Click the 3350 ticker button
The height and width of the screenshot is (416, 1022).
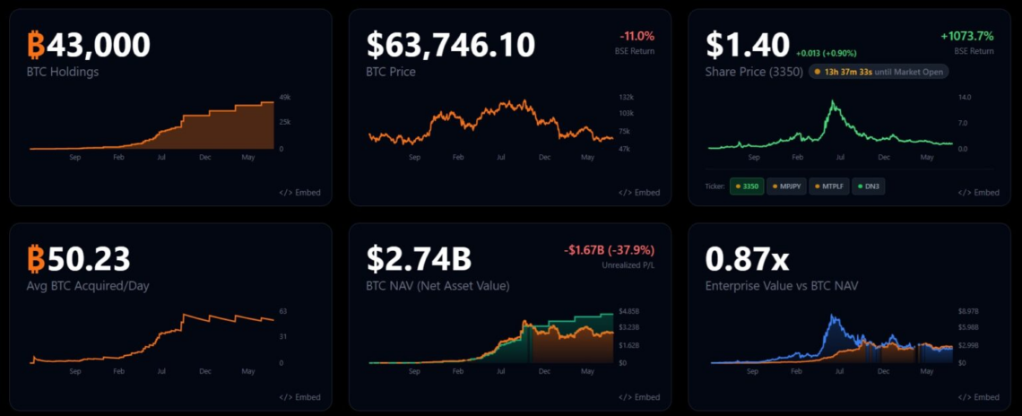click(x=746, y=186)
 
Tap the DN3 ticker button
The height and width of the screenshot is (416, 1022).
click(x=867, y=186)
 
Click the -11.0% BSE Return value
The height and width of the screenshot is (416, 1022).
click(x=636, y=36)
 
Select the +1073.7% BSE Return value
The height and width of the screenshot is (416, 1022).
click(x=967, y=36)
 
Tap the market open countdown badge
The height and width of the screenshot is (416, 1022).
click(x=879, y=72)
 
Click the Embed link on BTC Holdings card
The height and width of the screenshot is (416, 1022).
click(x=299, y=193)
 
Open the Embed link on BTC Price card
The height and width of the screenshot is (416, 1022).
click(x=639, y=193)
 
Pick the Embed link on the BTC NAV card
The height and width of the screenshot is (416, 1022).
click(x=639, y=397)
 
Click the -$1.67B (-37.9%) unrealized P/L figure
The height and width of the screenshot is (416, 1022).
click(x=610, y=250)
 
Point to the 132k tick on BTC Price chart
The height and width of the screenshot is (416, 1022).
click(x=627, y=97)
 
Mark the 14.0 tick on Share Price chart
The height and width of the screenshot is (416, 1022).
click(x=965, y=97)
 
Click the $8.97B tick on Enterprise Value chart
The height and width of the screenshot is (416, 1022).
click(x=968, y=311)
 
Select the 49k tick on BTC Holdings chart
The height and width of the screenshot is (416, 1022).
click(x=285, y=97)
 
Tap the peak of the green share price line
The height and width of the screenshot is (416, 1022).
click(x=832, y=100)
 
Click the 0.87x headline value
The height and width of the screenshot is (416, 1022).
click(x=747, y=258)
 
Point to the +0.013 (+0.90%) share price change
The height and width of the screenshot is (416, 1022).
click(x=826, y=54)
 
